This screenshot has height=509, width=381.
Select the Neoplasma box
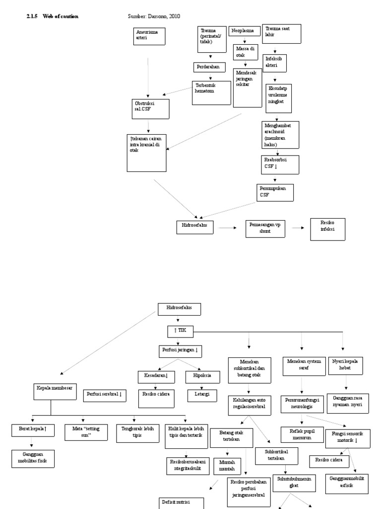tap(244, 31)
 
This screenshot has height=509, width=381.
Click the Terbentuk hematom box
tap(211, 92)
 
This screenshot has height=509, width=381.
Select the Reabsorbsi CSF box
tap(280, 165)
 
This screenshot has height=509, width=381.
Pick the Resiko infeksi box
tap(326, 229)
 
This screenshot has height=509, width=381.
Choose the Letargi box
tap(201, 395)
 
